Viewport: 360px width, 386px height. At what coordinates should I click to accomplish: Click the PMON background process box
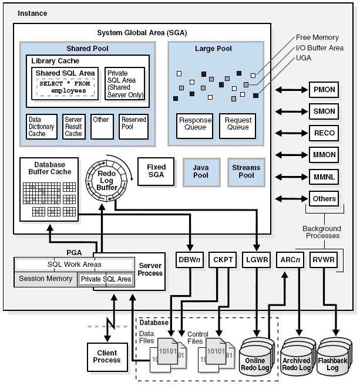(324, 90)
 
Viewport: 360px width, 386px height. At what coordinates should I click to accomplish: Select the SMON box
(324, 111)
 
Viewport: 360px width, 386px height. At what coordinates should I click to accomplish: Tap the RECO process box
(324, 133)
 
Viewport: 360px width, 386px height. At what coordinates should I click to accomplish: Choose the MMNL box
(324, 177)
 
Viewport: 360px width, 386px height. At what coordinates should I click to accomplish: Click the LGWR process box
(256, 259)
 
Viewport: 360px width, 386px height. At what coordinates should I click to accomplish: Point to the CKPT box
(223, 259)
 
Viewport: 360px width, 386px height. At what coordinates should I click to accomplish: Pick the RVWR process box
(323, 259)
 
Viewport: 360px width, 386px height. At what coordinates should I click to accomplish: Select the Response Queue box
(195, 123)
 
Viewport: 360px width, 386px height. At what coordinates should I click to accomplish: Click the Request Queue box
(238, 123)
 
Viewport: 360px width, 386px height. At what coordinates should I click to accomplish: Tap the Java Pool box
(201, 171)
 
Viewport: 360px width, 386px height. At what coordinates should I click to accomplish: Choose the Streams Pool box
(246, 171)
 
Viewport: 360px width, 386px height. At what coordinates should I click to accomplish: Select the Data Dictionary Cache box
(41, 126)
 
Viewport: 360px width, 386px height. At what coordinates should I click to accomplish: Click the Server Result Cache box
(73, 126)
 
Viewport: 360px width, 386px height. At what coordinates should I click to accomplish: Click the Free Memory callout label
(317, 38)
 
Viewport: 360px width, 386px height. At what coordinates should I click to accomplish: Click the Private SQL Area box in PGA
(106, 279)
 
